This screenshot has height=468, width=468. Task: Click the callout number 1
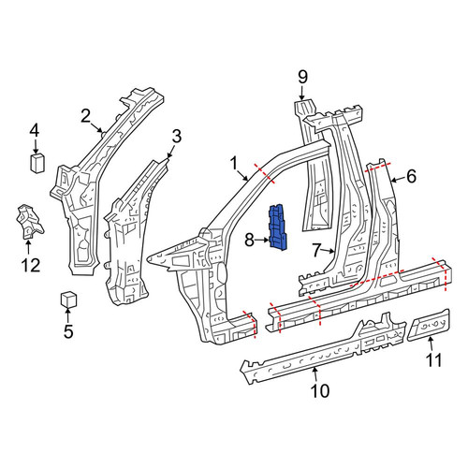234,164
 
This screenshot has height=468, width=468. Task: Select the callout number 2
85,117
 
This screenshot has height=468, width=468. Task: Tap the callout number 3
177,137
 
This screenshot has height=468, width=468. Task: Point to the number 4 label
35,131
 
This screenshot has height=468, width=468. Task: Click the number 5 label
68,331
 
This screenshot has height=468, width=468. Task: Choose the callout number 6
412,176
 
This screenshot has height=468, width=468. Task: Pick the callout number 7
316,251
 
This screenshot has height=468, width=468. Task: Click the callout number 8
250,241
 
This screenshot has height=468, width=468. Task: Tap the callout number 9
302,77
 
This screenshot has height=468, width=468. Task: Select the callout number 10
320,390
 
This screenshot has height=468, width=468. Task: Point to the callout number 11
434,360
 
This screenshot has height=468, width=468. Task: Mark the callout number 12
31,265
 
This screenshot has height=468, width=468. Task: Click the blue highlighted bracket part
278,227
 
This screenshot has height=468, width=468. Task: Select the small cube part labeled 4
37,163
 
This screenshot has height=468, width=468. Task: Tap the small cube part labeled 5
68,300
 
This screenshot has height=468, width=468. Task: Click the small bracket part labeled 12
29,221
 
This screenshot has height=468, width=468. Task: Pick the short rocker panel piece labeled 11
429,325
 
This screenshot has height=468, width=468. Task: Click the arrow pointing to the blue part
262,240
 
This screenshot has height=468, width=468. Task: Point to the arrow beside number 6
397,180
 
